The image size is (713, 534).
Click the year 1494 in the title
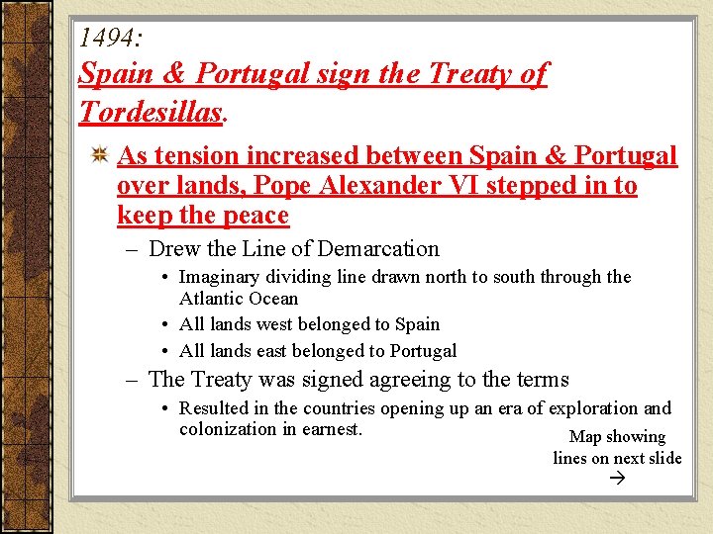109,38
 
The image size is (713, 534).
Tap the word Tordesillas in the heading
151,111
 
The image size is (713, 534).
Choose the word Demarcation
381,249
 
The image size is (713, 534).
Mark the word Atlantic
213,298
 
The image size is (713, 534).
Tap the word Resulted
214,408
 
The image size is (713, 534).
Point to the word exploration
585,408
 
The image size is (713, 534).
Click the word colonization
227,429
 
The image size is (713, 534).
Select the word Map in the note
586,437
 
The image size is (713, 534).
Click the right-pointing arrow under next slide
618,479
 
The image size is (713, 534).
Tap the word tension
196,156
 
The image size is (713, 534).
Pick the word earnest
332,429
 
